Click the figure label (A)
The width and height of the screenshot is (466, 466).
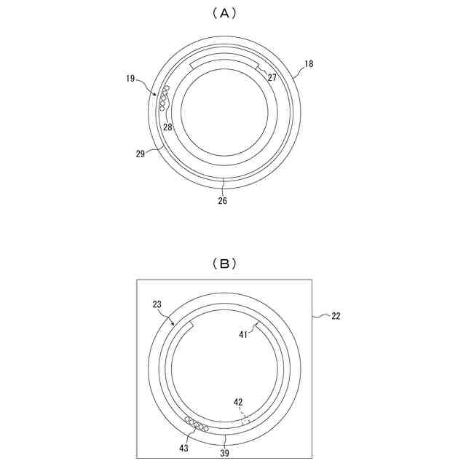click(x=224, y=13)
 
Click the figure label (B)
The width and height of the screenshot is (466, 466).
click(x=224, y=264)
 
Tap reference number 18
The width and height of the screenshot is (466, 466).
click(x=309, y=63)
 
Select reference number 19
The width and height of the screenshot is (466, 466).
click(x=130, y=79)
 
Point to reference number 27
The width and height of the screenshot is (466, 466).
click(x=272, y=78)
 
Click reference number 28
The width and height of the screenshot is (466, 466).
click(x=167, y=127)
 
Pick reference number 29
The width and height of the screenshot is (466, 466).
click(x=141, y=154)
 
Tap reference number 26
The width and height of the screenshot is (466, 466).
click(x=222, y=201)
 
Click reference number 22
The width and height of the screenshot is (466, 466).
click(x=336, y=316)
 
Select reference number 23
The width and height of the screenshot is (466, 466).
click(x=157, y=304)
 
